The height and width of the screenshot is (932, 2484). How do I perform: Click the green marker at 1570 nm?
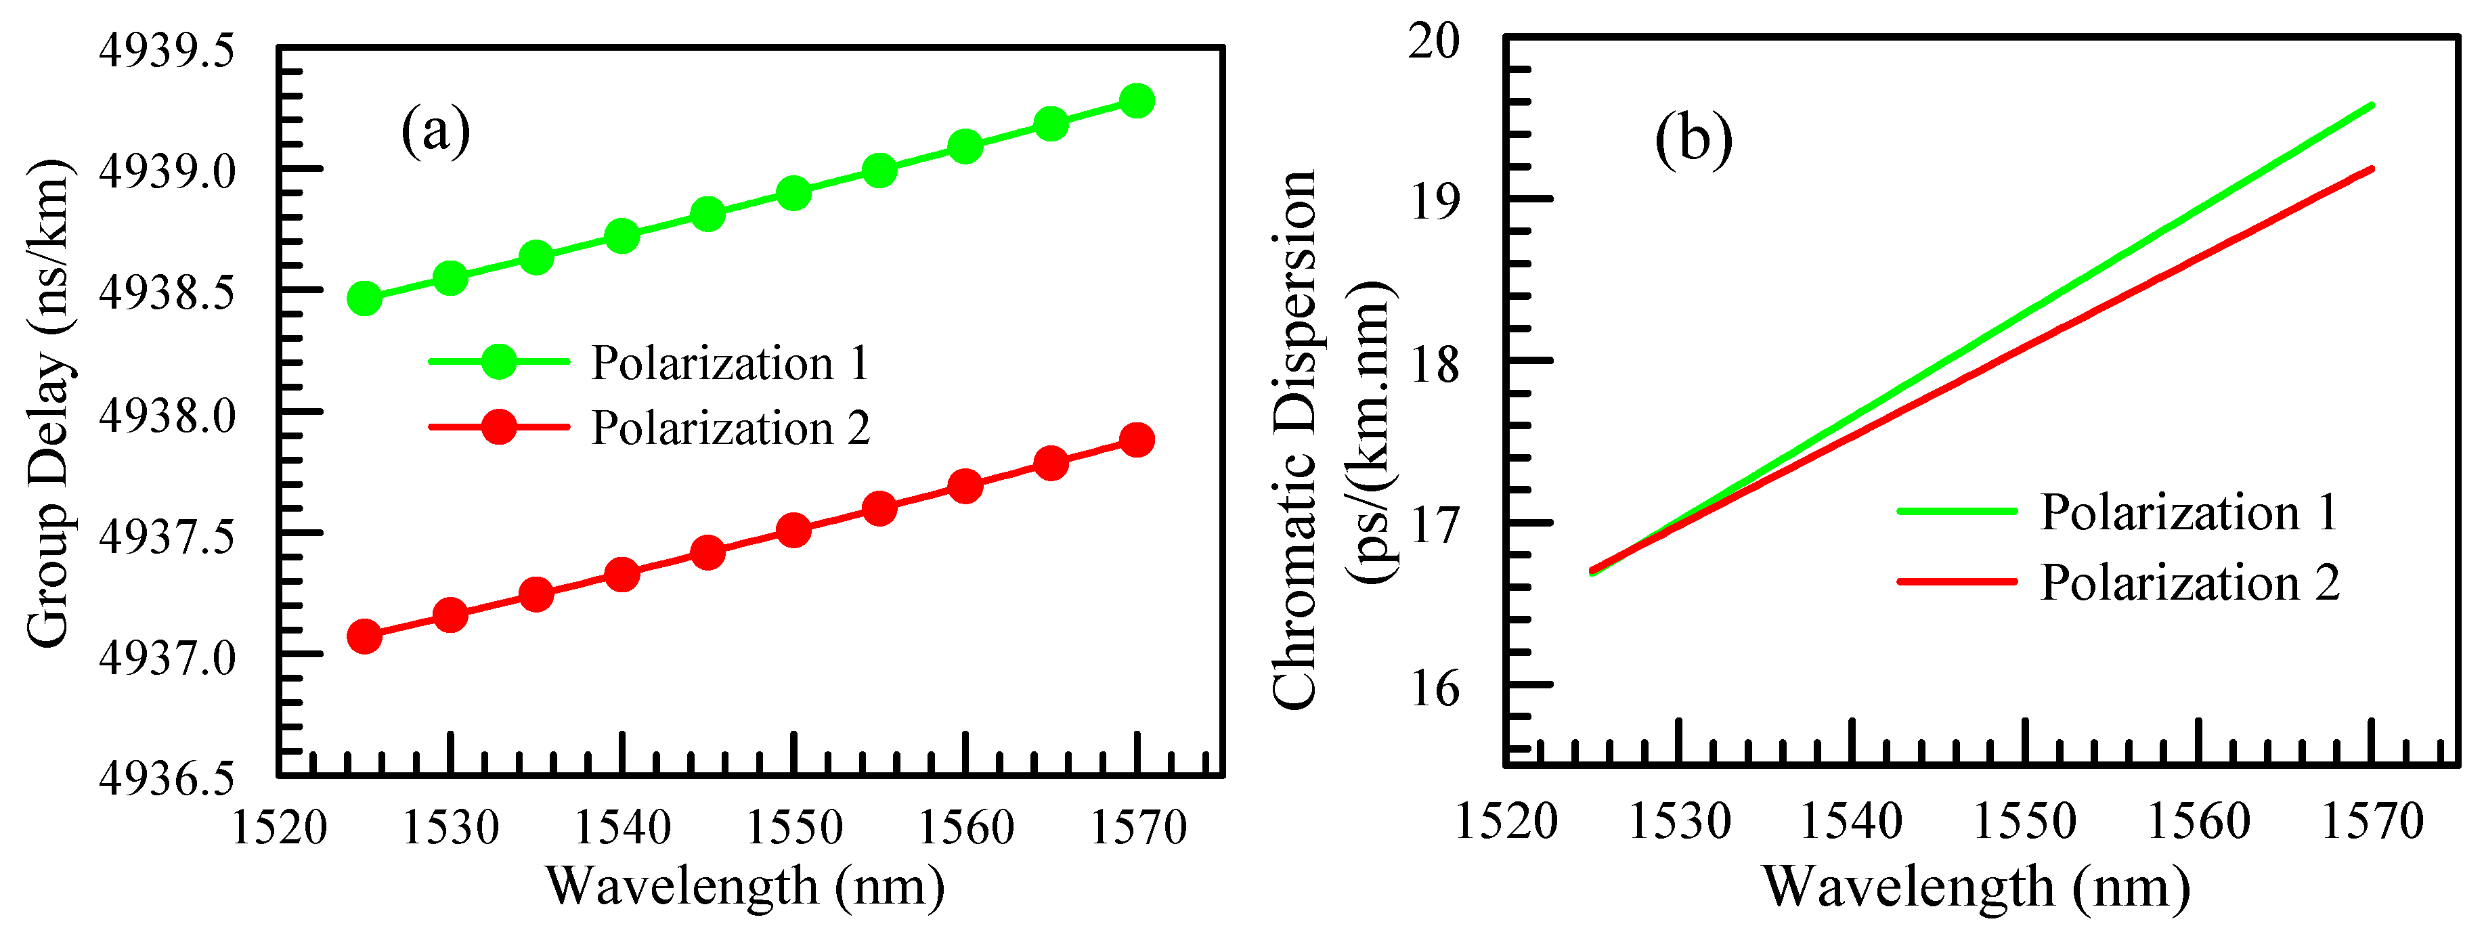coord(1137,100)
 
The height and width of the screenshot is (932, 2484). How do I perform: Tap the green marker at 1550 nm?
coord(793,193)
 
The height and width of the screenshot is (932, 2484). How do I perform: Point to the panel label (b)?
coord(1693,139)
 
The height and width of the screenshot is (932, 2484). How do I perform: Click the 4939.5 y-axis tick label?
coord(167,50)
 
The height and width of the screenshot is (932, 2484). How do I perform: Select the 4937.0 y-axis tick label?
coord(167,659)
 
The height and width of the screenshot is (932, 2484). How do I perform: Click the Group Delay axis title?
coord(48,403)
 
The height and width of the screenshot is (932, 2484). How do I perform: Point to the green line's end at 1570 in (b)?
coord(2370,106)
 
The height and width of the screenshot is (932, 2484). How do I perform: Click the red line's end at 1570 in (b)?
coord(2370,170)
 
